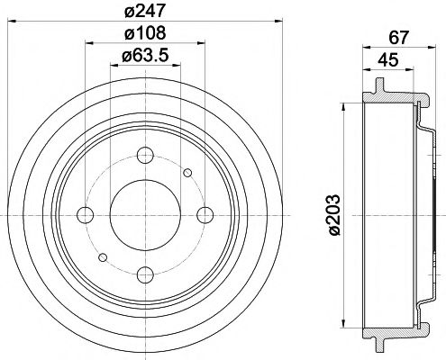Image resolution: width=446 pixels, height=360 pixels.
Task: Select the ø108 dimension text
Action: coord(144,35)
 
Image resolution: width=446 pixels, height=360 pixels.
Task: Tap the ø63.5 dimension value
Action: coord(144,59)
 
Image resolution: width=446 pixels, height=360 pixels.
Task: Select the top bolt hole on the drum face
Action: coord(144,154)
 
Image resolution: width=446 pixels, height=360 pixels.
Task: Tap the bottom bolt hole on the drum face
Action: coord(144,274)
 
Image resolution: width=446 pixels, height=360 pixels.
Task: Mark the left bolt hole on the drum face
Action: coord(85,214)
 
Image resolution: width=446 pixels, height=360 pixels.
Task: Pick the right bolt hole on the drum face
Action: coord(205,214)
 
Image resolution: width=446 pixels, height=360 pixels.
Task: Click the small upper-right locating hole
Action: coord(187,173)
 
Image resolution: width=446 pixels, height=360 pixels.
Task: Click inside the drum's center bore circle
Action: coord(144,214)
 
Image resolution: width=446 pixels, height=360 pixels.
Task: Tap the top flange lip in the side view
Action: coord(377,88)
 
